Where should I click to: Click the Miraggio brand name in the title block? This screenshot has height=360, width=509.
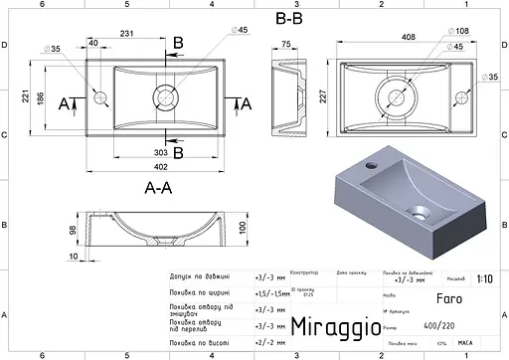[x=334, y=325]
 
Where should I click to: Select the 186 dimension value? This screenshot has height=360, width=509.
[x=35, y=98]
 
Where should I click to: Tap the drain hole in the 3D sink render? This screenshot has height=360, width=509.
[x=421, y=211]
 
